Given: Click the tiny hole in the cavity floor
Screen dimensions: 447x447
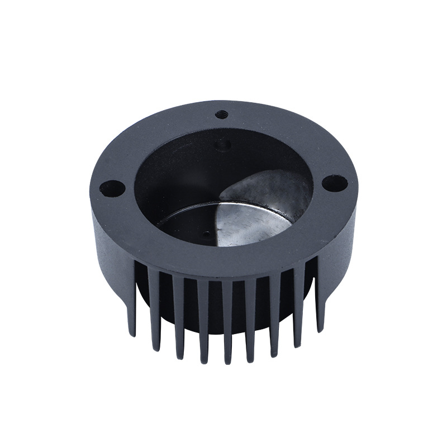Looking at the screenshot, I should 208,234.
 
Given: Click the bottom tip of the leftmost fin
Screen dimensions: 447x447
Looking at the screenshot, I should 132,334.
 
